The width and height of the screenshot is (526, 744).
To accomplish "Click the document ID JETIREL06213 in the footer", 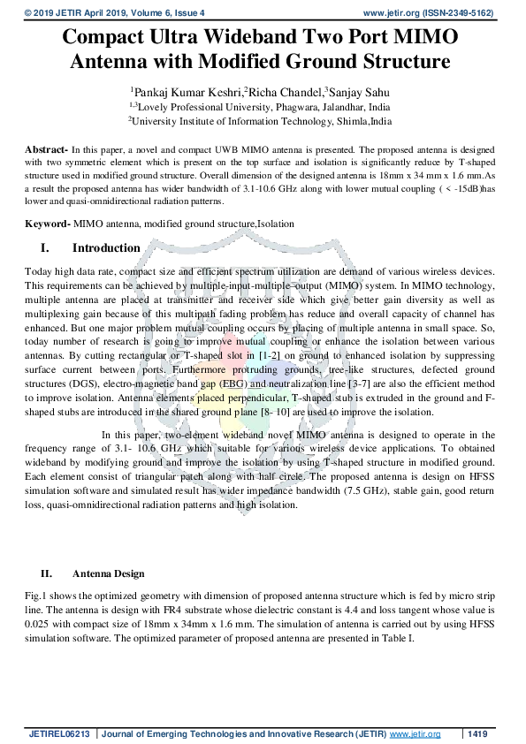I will [x=60, y=734].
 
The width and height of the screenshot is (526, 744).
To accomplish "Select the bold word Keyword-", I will [x=48, y=224].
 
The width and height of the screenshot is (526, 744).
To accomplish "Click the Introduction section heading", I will [x=106, y=248].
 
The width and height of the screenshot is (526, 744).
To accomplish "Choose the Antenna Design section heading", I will [x=108, y=573].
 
